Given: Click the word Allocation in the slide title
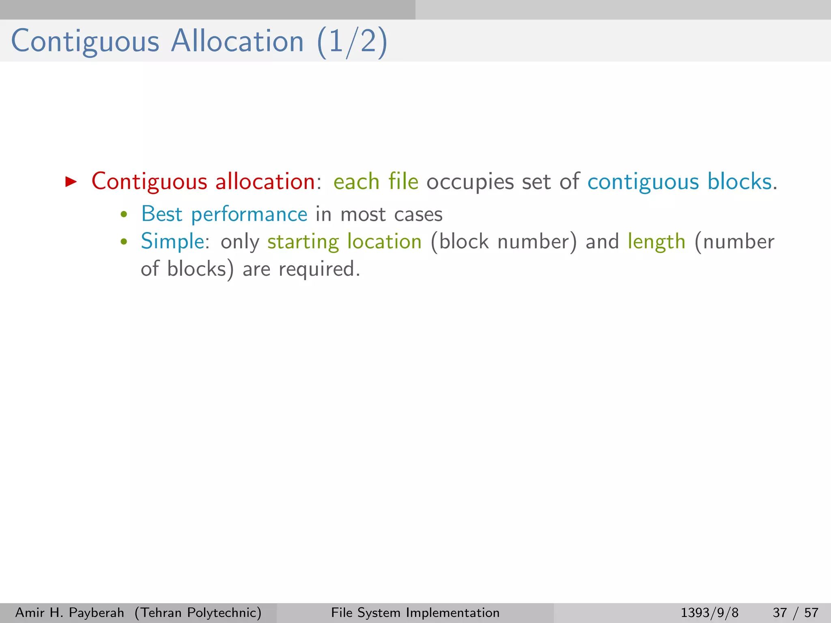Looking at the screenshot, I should (x=237, y=41).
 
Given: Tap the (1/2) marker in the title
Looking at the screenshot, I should (x=352, y=42).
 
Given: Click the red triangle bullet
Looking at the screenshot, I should (x=71, y=181).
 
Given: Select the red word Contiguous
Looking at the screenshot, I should (x=149, y=182).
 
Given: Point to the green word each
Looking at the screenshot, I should (x=356, y=182).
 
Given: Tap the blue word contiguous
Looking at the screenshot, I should (x=643, y=182).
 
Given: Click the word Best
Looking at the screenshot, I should (x=161, y=214).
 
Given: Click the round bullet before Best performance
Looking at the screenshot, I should (x=124, y=215).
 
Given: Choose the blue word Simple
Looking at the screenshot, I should (x=172, y=242).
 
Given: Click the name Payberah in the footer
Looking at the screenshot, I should (x=97, y=612).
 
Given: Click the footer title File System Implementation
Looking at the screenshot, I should (x=415, y=612).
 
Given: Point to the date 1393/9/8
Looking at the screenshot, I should (x=709, y=612).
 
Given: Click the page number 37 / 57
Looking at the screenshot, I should (x=795, y=612).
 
